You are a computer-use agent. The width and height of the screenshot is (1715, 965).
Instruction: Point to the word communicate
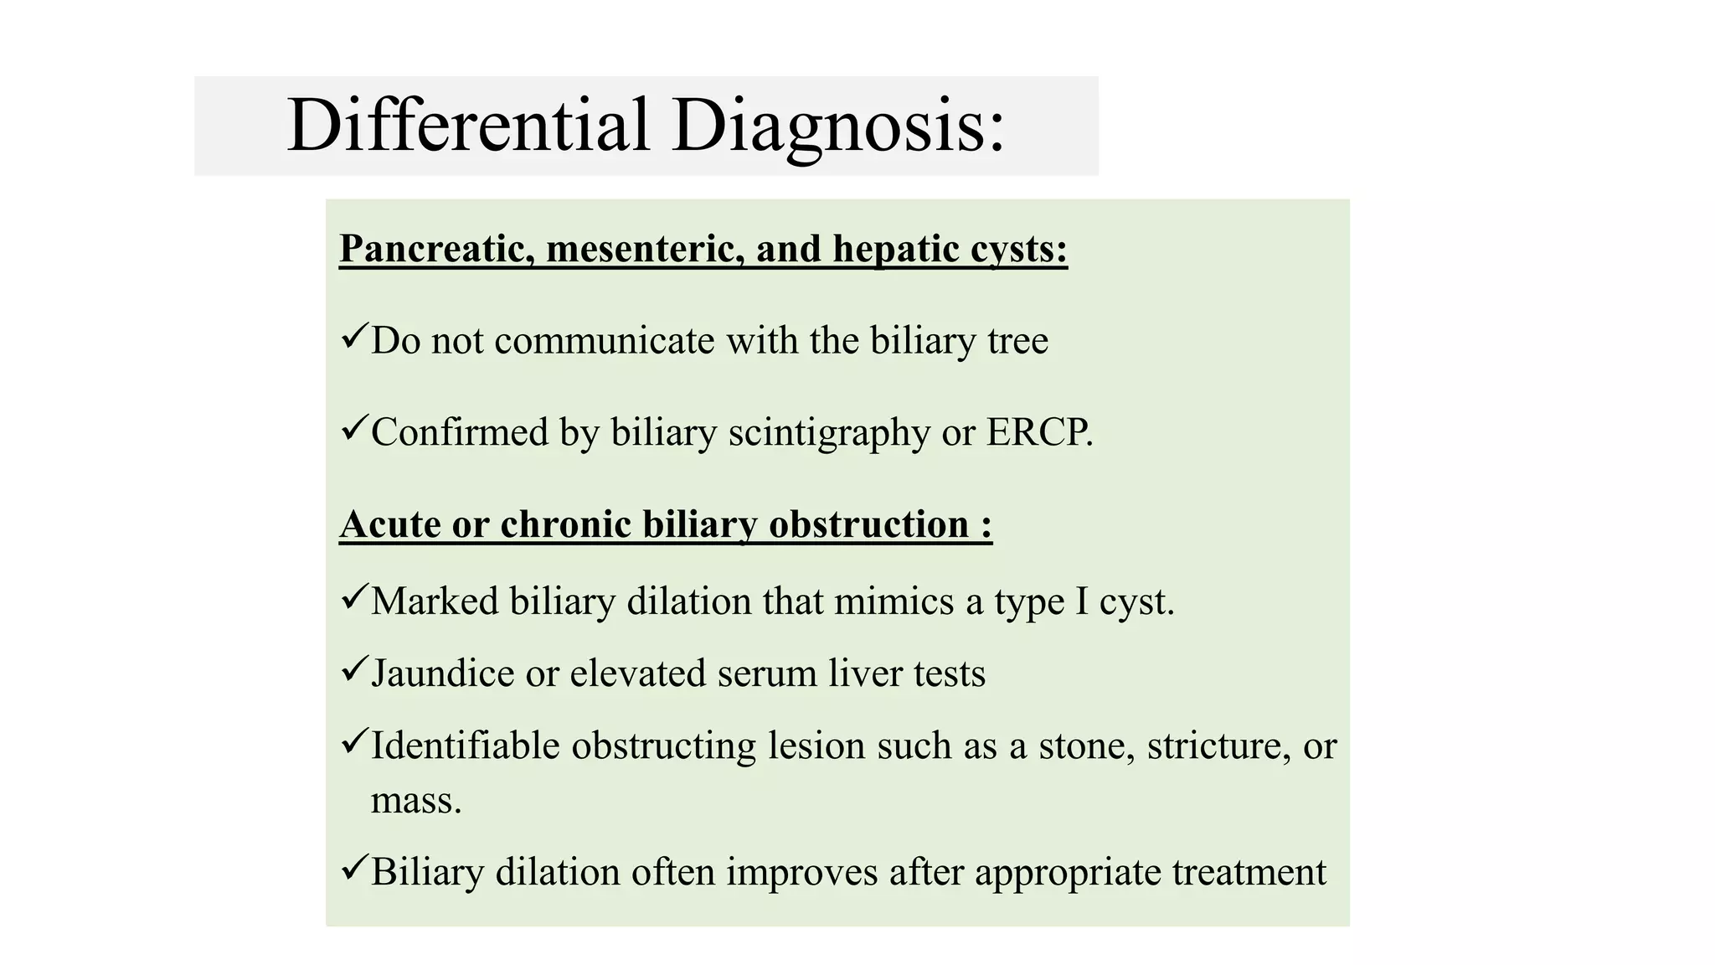coord(604,341)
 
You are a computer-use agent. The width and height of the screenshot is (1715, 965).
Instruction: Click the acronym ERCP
coord(1038,433)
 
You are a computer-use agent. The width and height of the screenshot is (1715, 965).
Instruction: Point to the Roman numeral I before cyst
coord(1082,601)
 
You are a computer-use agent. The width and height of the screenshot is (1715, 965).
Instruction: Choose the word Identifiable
coord(465,746)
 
